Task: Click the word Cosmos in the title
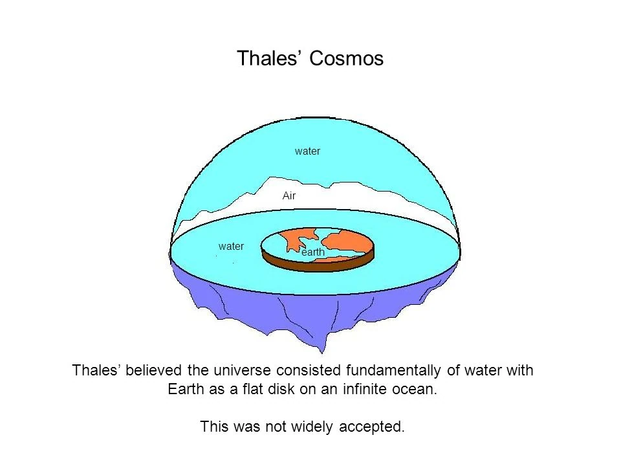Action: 346,58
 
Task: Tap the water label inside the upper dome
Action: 307,151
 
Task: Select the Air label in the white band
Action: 289,195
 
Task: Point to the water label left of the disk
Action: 231,246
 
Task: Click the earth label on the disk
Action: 313,252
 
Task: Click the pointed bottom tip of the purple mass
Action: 322,352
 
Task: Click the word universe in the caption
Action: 242,370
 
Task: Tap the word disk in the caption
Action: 281,389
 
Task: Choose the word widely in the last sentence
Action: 312,427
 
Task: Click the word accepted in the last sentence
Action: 372,427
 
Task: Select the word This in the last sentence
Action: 213,427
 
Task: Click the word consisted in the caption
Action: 309,370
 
